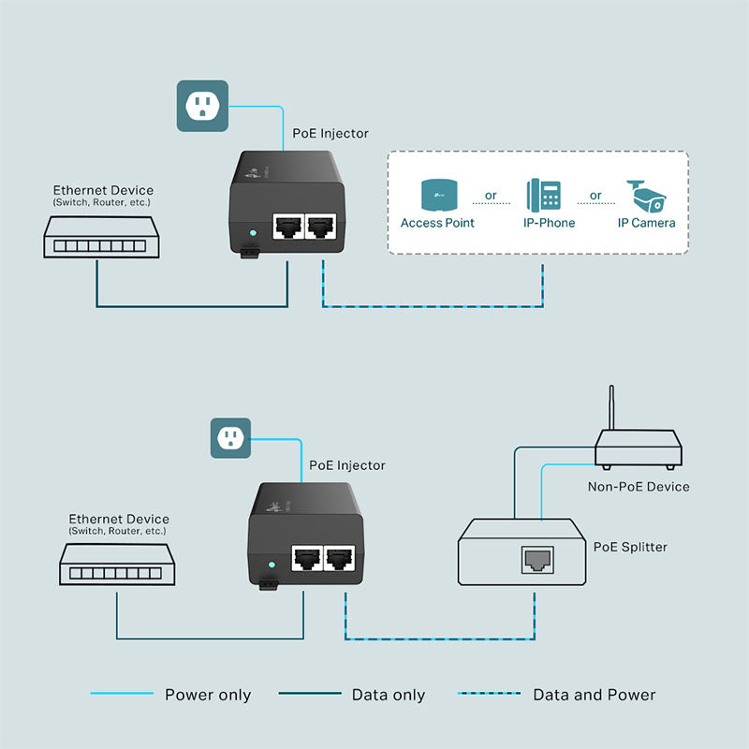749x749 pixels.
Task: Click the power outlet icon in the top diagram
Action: [x=202, y=106]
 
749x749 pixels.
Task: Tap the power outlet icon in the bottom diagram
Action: [x=230, y=437]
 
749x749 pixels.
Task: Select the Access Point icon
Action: [x=437, y=196]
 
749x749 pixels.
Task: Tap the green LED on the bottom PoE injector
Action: [x=271, y=565]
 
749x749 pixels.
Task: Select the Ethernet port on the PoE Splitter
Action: [x=536, y=560]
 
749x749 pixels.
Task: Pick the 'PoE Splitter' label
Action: [x=631, y=546]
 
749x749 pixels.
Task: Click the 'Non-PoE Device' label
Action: [x=638, y=486]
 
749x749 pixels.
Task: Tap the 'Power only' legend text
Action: [x=208, y=695]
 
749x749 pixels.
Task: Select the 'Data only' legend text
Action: [x=389, y=695]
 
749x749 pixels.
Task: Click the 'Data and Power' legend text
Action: [x=594, y=695]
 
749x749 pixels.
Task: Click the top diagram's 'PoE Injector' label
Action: [x=330, y=134]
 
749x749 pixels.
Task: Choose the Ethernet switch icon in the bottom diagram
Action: [x=117, y=567]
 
